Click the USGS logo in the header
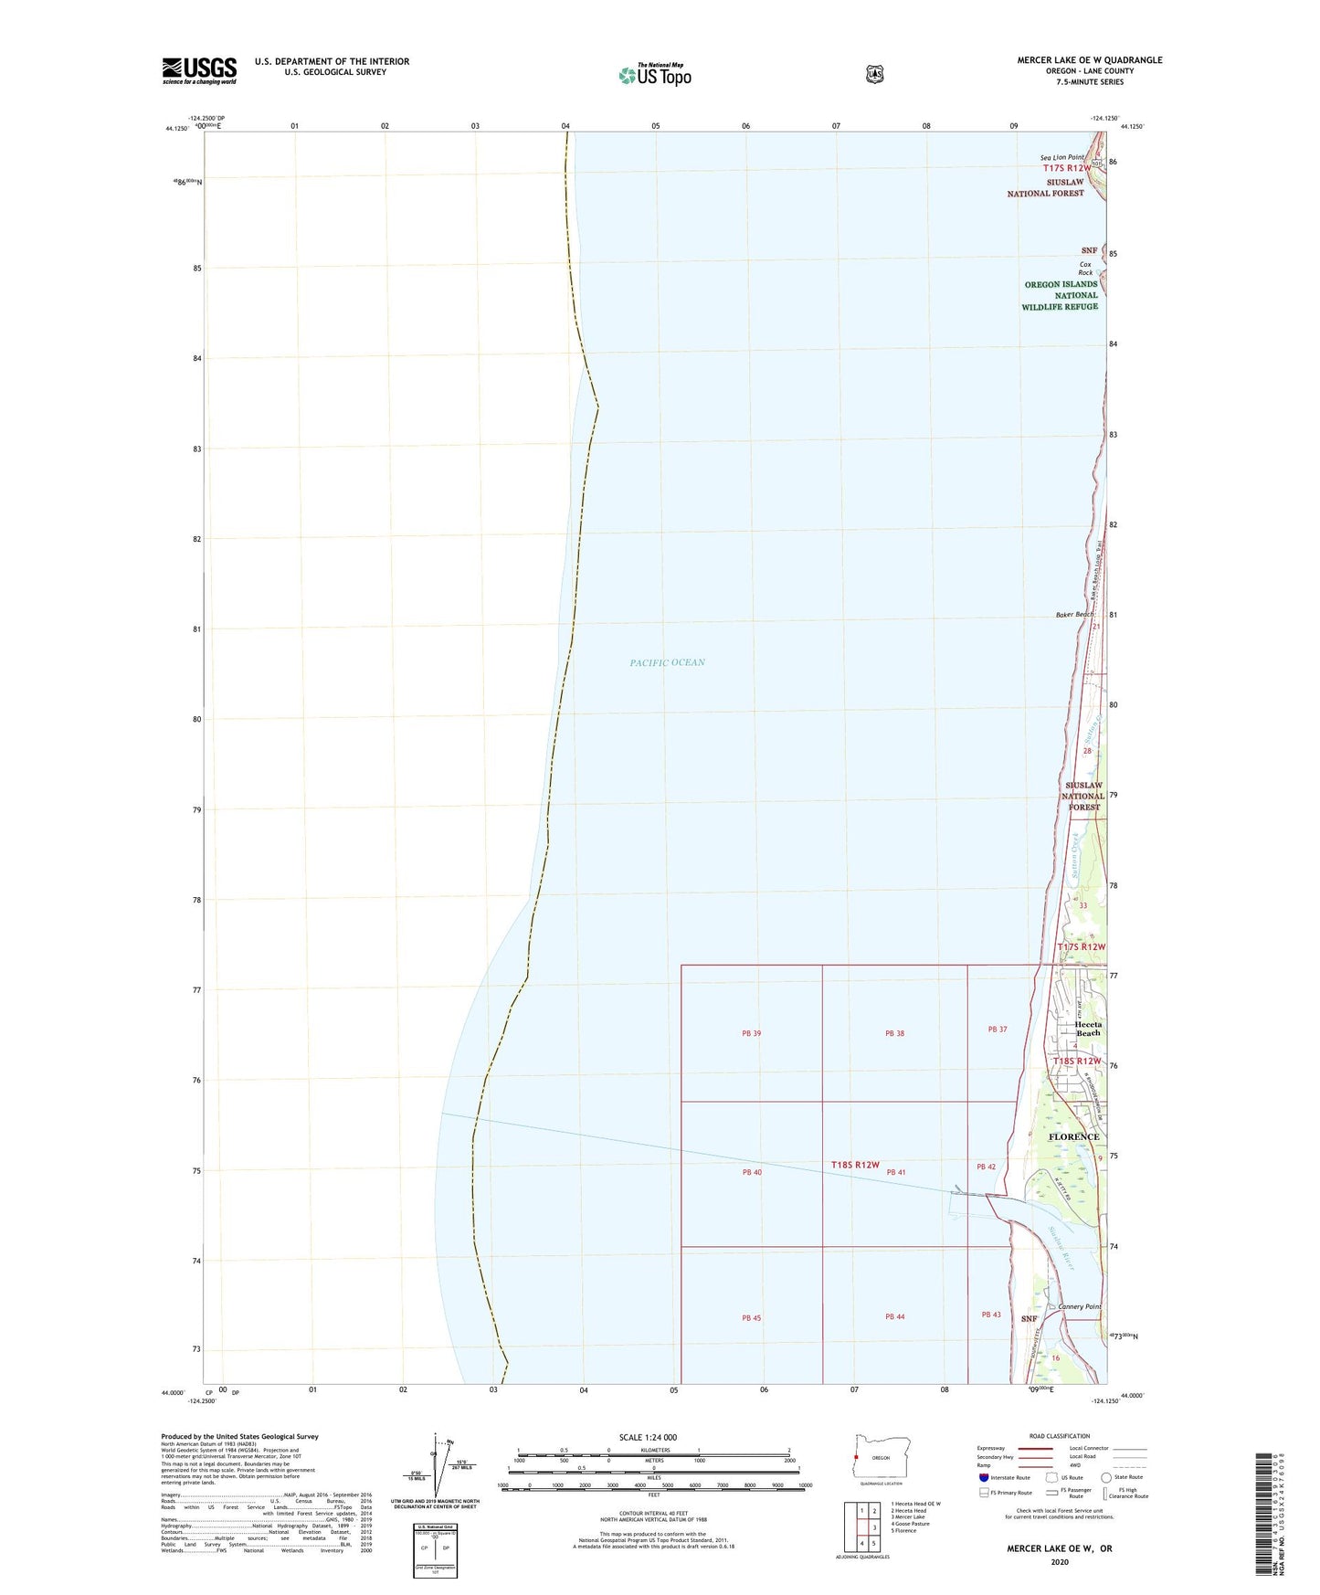(199, 70)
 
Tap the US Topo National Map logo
(655, 75)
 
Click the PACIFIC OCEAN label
(667, 662)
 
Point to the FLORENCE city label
(1073, 1136)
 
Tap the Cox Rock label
(1085, 269)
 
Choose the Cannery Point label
(1079, 1306)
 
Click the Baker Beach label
(1074, 615)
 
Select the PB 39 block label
(751, 1033)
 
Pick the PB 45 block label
(751, 1318)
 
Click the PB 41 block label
(895, 1172)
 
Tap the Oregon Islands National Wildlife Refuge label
(1061, 295)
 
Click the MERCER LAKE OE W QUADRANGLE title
(1090, 60)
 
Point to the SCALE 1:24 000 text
(648, 1437)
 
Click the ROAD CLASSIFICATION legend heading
(1059, 1436)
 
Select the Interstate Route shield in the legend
(983, 1477)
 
